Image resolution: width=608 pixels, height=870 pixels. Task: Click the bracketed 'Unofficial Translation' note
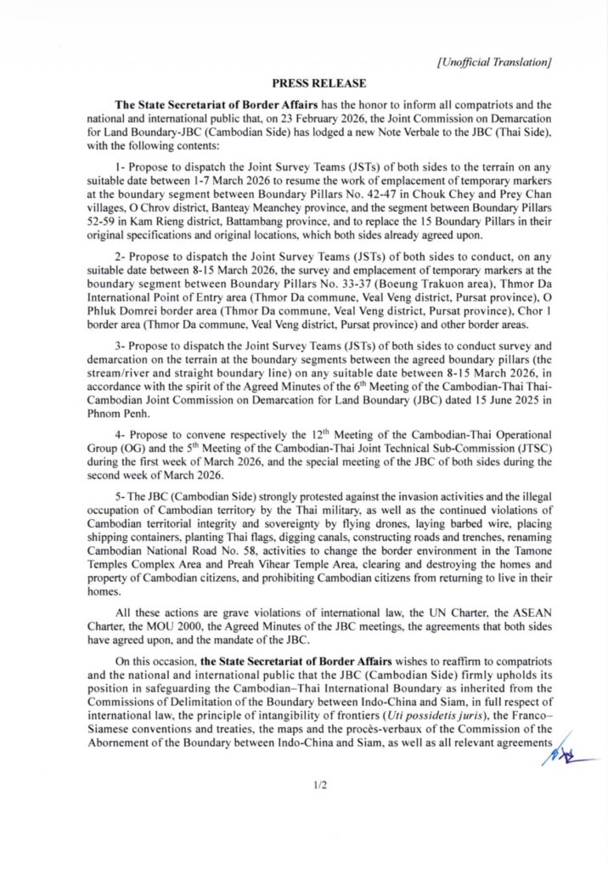[494, 61]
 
